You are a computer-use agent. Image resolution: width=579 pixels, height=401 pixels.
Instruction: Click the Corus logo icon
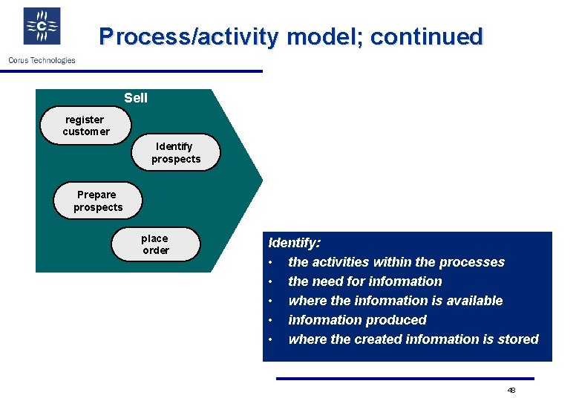coord(42,27)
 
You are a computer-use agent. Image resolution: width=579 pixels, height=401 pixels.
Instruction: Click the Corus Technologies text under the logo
coord(42,60)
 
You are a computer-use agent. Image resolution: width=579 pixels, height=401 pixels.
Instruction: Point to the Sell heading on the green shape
coord(136,98)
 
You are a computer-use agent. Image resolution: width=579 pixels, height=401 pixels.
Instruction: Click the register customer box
coord(86,125)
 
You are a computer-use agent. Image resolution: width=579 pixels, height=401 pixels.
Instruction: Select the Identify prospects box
coord(176,152)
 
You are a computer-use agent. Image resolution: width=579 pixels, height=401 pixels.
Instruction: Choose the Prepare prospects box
coord(97,200)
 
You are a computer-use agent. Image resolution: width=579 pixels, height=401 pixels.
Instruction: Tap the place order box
coord(155,244)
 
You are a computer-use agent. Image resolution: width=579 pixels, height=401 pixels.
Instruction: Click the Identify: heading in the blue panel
coord(294,243)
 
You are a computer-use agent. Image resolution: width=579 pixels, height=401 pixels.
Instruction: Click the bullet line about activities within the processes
coord(396,262)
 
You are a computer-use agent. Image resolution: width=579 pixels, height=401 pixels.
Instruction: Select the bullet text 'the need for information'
coord(364,281)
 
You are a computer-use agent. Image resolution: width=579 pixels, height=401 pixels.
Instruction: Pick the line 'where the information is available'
coord(395,301)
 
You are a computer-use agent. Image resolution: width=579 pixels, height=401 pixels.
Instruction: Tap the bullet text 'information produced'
coord(357,320)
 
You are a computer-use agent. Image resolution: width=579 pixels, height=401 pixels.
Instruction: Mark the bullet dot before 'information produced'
coord(272,320)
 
